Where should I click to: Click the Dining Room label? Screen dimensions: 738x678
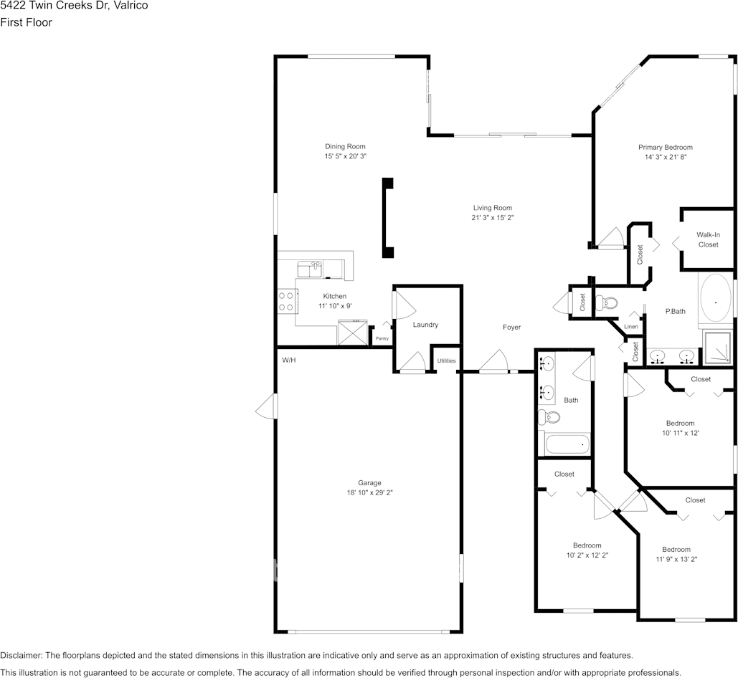click(x=345, y=146)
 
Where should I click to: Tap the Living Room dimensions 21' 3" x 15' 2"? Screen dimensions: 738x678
click(x=492, y=217)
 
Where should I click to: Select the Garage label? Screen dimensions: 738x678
click(x=369, y=483)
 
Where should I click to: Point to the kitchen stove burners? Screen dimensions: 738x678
click(x=286, y=302)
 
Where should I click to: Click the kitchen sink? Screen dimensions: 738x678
click(x=310, y=269)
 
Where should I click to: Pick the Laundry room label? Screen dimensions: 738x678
click(x=425, y=325)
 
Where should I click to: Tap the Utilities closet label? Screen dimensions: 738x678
click(x=446, y=361)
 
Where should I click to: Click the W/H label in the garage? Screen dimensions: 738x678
click(x=289, y=361)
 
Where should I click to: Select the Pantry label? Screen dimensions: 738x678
click(x=382, y=338)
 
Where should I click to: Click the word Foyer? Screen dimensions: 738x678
click(x=511, y=328)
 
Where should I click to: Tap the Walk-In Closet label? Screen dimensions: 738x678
click(x=709, y=239)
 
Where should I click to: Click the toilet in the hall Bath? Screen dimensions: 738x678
click(x=549, y=416)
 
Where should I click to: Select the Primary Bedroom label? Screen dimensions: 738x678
click(x=666, y=147)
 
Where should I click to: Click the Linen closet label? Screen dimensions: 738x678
click(x=631, y=327)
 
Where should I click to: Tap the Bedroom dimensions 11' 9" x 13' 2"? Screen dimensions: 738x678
click(x=676, y=559)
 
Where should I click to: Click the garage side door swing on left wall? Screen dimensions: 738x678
click(x=266, y=406)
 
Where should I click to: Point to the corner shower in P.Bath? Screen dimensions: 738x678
click(x=718, y=347)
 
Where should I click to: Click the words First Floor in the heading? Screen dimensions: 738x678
click(x=26, y=22)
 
